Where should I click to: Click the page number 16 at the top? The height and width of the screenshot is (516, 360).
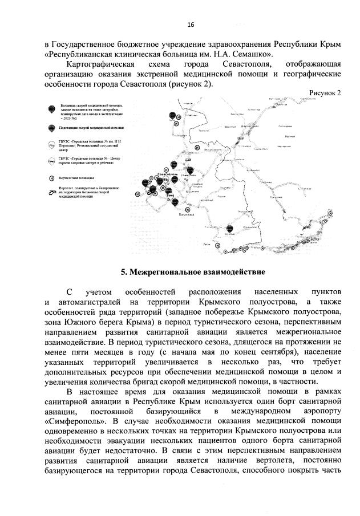[191, 24]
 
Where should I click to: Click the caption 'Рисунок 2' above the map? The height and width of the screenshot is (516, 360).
[325, 93]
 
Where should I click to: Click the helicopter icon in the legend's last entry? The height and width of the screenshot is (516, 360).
[52, 192]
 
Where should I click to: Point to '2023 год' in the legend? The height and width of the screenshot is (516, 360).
[69, 116]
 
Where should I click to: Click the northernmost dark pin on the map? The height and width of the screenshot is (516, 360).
[170, 115]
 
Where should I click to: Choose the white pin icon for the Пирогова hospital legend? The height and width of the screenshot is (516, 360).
[52, 145]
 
